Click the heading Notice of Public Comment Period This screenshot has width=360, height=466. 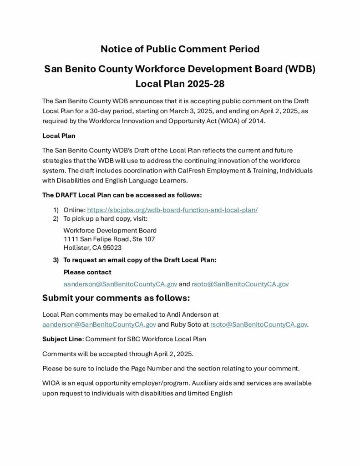[x=180, y=49]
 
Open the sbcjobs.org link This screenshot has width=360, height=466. [x=172, y=210]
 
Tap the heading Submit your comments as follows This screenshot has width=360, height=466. [x=116, y=298]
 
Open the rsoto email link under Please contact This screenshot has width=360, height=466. [x=240, y=284]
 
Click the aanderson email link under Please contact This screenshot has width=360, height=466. [x=120, y=284]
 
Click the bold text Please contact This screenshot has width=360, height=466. [x=87, y=272]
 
